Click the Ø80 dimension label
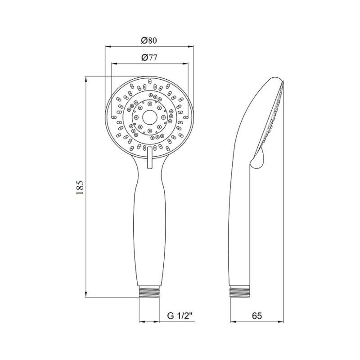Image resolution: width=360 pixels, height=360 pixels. pos(148,40)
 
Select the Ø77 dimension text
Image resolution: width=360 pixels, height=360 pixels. pos(148,57)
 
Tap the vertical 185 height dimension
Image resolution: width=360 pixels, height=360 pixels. pos(80,187)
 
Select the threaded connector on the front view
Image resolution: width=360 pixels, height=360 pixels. pos(149,291)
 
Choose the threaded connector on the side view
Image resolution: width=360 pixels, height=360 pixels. pos(239,291)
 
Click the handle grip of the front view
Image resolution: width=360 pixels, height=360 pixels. pos(149,229)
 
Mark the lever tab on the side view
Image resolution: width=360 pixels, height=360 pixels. pos(258,160)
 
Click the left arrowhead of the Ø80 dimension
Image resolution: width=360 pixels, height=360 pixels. pos(107,46)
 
